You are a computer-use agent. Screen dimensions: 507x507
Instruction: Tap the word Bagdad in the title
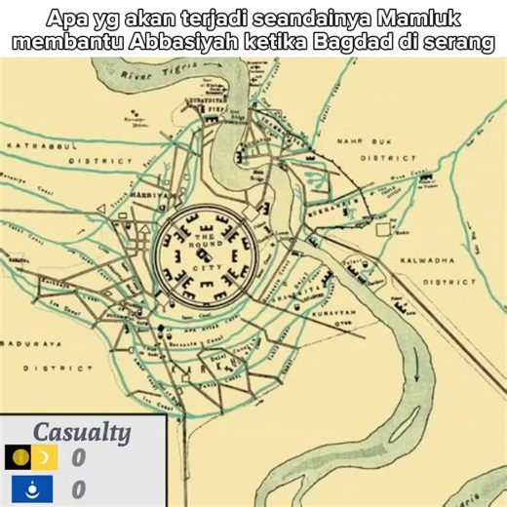coord(349,43)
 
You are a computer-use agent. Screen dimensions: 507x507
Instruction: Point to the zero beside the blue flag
coord(79,488)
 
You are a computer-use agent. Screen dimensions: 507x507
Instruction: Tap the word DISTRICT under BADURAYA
coord(58,369)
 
